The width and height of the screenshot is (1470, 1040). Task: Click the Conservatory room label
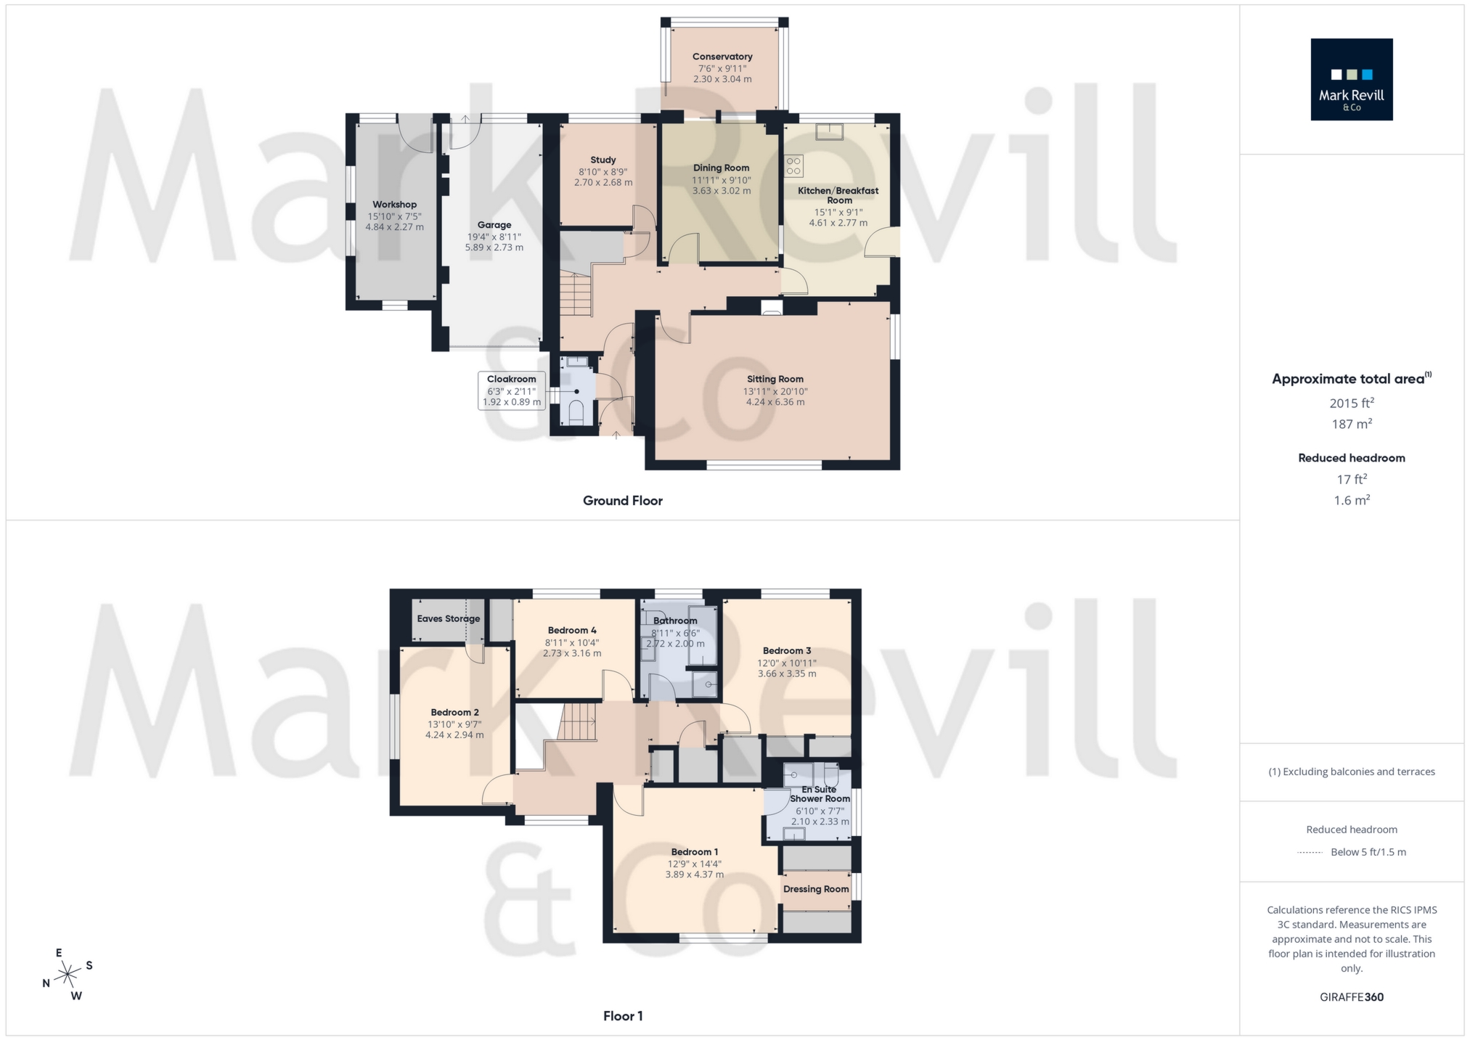click(x=722, y=57)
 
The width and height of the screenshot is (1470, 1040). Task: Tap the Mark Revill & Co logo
click(x=1351, y=80)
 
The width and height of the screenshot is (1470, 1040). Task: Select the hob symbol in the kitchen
click(x=793, y=166)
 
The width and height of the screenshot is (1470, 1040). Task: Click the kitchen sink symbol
click(x=829, y=132)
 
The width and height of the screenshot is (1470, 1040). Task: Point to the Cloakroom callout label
click(x=511, y=380)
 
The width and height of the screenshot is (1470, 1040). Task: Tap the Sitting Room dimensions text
click(x=775, y=397)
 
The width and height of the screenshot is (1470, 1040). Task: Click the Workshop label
click(x=394, y=205)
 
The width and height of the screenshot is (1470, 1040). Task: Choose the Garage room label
click(x=494, y=225)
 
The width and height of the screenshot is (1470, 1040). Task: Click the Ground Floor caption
click(x=622, y=501)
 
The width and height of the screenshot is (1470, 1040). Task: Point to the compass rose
click(x=68, y=973)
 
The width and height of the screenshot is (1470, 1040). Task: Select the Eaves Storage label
click(x=448, y=619)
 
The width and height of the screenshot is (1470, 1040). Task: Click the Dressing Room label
click(x=815, y=889)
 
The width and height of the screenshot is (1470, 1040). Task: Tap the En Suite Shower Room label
click(x=820, y=794)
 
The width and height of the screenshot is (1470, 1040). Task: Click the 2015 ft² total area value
click(x=1351, y=404)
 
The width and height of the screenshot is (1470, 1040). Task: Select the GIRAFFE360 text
click(x=1351, y=997)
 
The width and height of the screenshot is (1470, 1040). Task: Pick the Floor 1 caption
click(x=622, y=1016)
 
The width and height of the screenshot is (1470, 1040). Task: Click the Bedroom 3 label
click(x=786, y=651)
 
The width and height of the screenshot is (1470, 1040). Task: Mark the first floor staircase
click(x=578, y=722)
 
